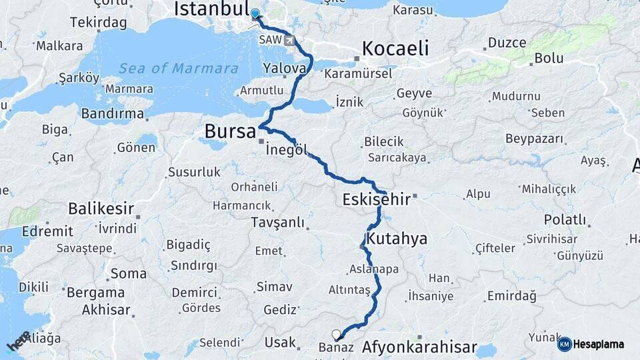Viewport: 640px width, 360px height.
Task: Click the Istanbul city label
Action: pyautogui.click(x=209, y=9)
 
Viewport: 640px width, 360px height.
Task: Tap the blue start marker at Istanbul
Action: pyautogui.click(x=255, y=13)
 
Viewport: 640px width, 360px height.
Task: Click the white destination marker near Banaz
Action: pyautogui.click(x=336, y=335)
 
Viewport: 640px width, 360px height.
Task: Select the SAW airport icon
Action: pyautogui.click(x=289, y=40)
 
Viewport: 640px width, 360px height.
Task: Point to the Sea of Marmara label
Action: pyautogui.click(x=179, y=68)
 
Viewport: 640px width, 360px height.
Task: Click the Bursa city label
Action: pyautogui.click(x=230, y=131)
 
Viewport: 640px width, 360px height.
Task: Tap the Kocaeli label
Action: pyautogui.click(x=395, y=48)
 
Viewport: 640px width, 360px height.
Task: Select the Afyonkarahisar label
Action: pyautogui.click(x=419, y=347)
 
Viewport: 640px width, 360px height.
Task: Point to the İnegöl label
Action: pyautogui.click(x=287, y=151)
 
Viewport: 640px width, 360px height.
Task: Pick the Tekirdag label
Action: pyautogui.click(x=98, y=22)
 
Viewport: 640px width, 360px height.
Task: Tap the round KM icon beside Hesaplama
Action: pyautogui.click(x=565, y=344)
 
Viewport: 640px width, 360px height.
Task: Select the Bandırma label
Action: pyautogui.click(x=113, y=113)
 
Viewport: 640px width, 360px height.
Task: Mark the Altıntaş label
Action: pyautogui.click(x=349, y=290)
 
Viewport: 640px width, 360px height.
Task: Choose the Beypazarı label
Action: pyautogui.click(x=534, y=139)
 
